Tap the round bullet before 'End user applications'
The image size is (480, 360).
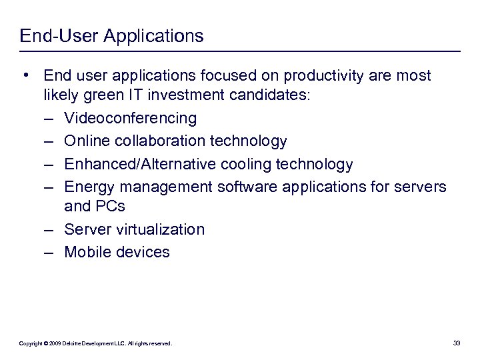(25, 75)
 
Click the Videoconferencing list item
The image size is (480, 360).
(130, 119)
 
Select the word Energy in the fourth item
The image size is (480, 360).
(87, 186)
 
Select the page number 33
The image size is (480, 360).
(457, 343)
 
